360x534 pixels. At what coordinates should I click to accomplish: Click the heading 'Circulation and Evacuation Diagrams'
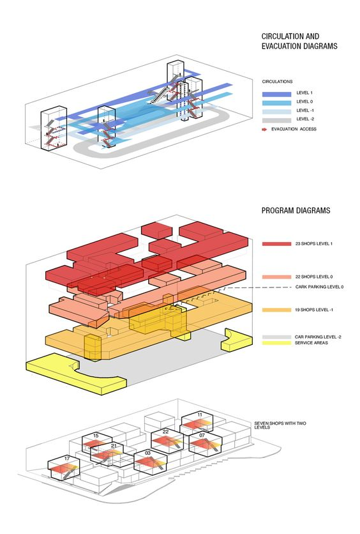click(x=299, y=42)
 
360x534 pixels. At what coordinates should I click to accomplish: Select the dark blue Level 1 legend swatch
click(x=276, y=94)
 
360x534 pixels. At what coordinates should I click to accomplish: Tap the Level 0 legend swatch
click(x=276, y=103)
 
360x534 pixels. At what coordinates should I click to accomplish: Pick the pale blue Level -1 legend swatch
click(x=276, y=112)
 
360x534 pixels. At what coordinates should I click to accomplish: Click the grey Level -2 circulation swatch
click(x=276, y=120)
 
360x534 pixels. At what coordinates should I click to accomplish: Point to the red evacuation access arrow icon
click(x=264, y=130)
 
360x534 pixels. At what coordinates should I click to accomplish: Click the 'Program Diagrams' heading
click(x=296, y=210)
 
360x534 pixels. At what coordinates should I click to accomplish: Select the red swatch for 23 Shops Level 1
click(x=276, y=244)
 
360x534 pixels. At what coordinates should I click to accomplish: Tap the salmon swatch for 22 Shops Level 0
click(x=276, y=277)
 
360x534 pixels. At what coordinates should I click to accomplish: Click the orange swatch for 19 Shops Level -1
click(x=276, y=310)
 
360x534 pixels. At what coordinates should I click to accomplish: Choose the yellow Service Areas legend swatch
click(x=276, y=342)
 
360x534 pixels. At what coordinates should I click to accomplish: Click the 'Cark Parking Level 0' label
click(x=319, y=287)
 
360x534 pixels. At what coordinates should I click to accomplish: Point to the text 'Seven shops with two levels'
click(x=280, y=425)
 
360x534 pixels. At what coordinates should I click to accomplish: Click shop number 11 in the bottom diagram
click(x=200, y=415)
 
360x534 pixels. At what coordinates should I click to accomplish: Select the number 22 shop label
click(x=165, y=432)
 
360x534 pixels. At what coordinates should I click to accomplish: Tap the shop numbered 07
click(x=202, y=435)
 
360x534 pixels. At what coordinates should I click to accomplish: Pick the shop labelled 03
click(x=147, y=453)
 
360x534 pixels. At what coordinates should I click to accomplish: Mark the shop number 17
click(x=67, y=459)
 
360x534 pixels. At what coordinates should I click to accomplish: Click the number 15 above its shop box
click(x=96, y=436)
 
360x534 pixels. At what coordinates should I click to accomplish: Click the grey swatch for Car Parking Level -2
click(x=276, y=337)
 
